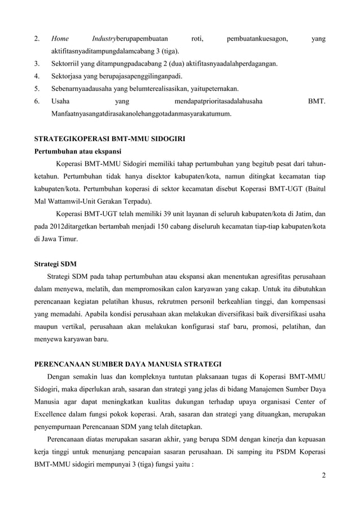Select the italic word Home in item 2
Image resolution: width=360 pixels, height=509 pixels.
(60, 39)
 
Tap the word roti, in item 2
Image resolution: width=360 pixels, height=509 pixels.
(197, 39)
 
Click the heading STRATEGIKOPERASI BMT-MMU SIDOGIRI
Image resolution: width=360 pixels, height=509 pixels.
(110, 139)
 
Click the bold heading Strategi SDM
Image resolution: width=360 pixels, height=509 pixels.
(55, 264)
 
